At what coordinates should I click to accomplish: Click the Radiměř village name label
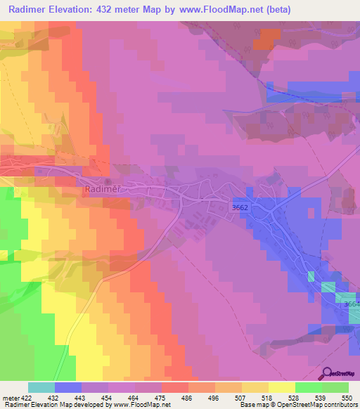103,189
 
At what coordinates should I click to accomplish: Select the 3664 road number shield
352,304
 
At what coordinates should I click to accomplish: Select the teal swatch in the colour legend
41,387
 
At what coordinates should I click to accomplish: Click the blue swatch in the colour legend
68,387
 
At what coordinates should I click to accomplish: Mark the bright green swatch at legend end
335,387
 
